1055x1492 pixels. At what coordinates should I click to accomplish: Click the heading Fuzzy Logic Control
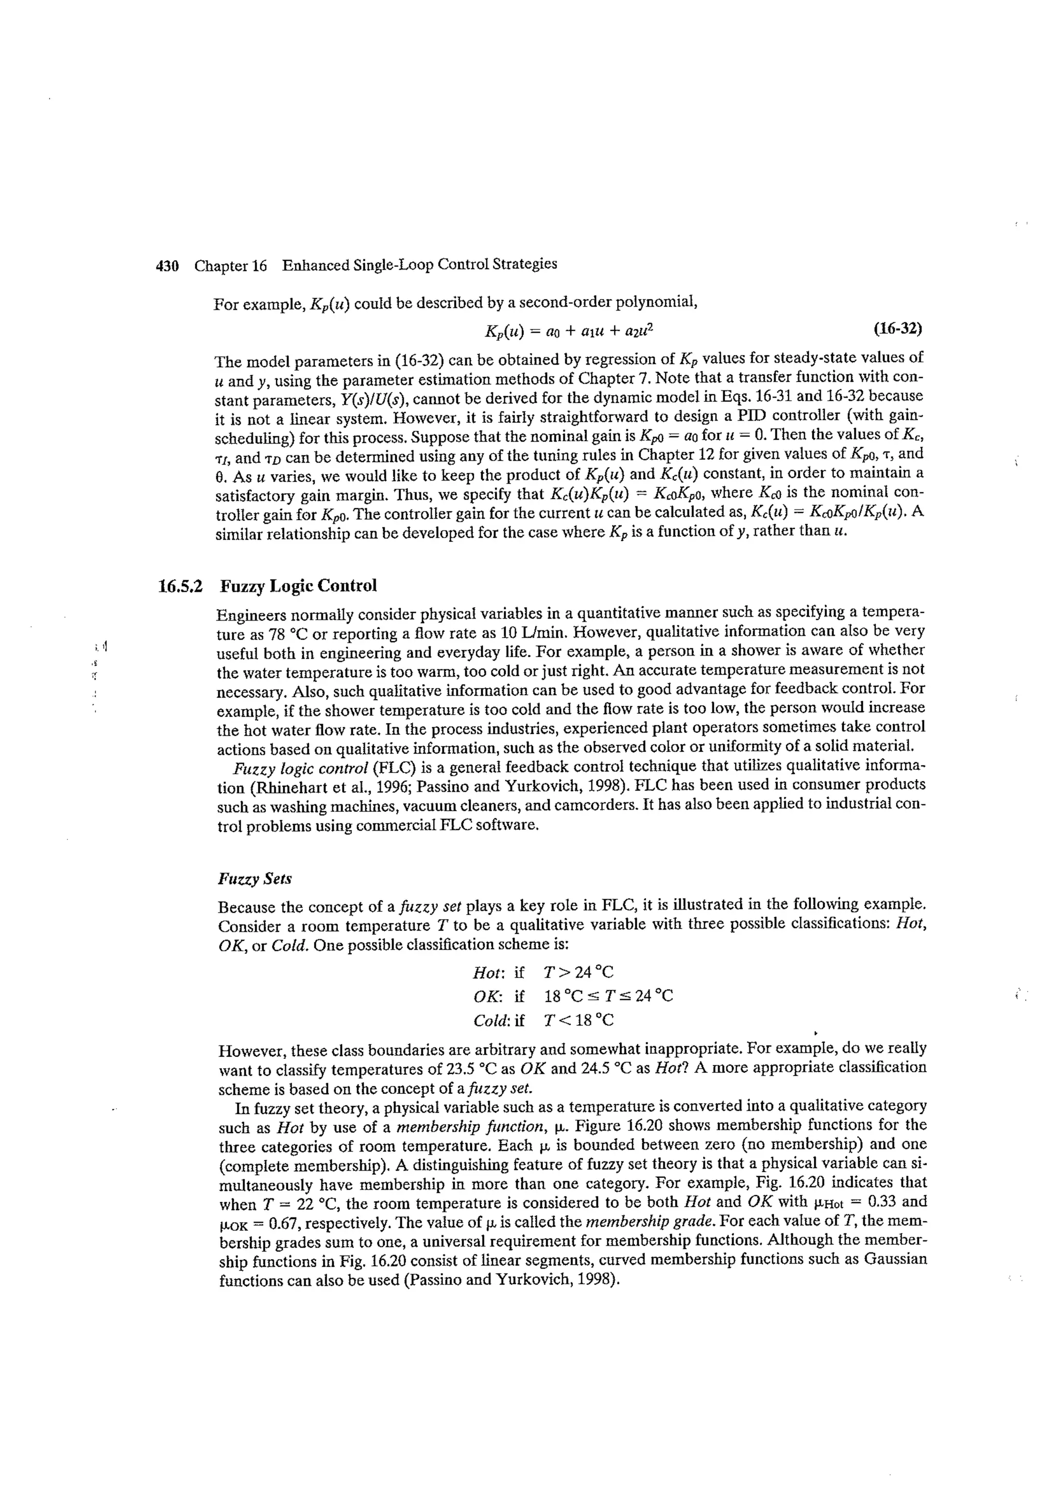tap(298, 586)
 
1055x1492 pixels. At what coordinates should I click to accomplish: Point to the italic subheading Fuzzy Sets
tap(255, 879)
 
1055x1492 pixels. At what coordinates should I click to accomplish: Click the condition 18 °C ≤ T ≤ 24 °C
tap(608, 996)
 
